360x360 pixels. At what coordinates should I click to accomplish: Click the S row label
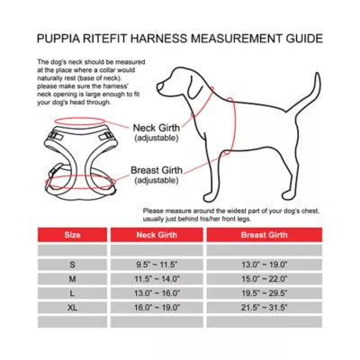click(72, 265)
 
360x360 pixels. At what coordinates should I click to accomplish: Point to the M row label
click(72, 279)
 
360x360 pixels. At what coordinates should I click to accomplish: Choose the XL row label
click(72, 307)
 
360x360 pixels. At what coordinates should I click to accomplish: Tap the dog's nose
click(157, 88)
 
